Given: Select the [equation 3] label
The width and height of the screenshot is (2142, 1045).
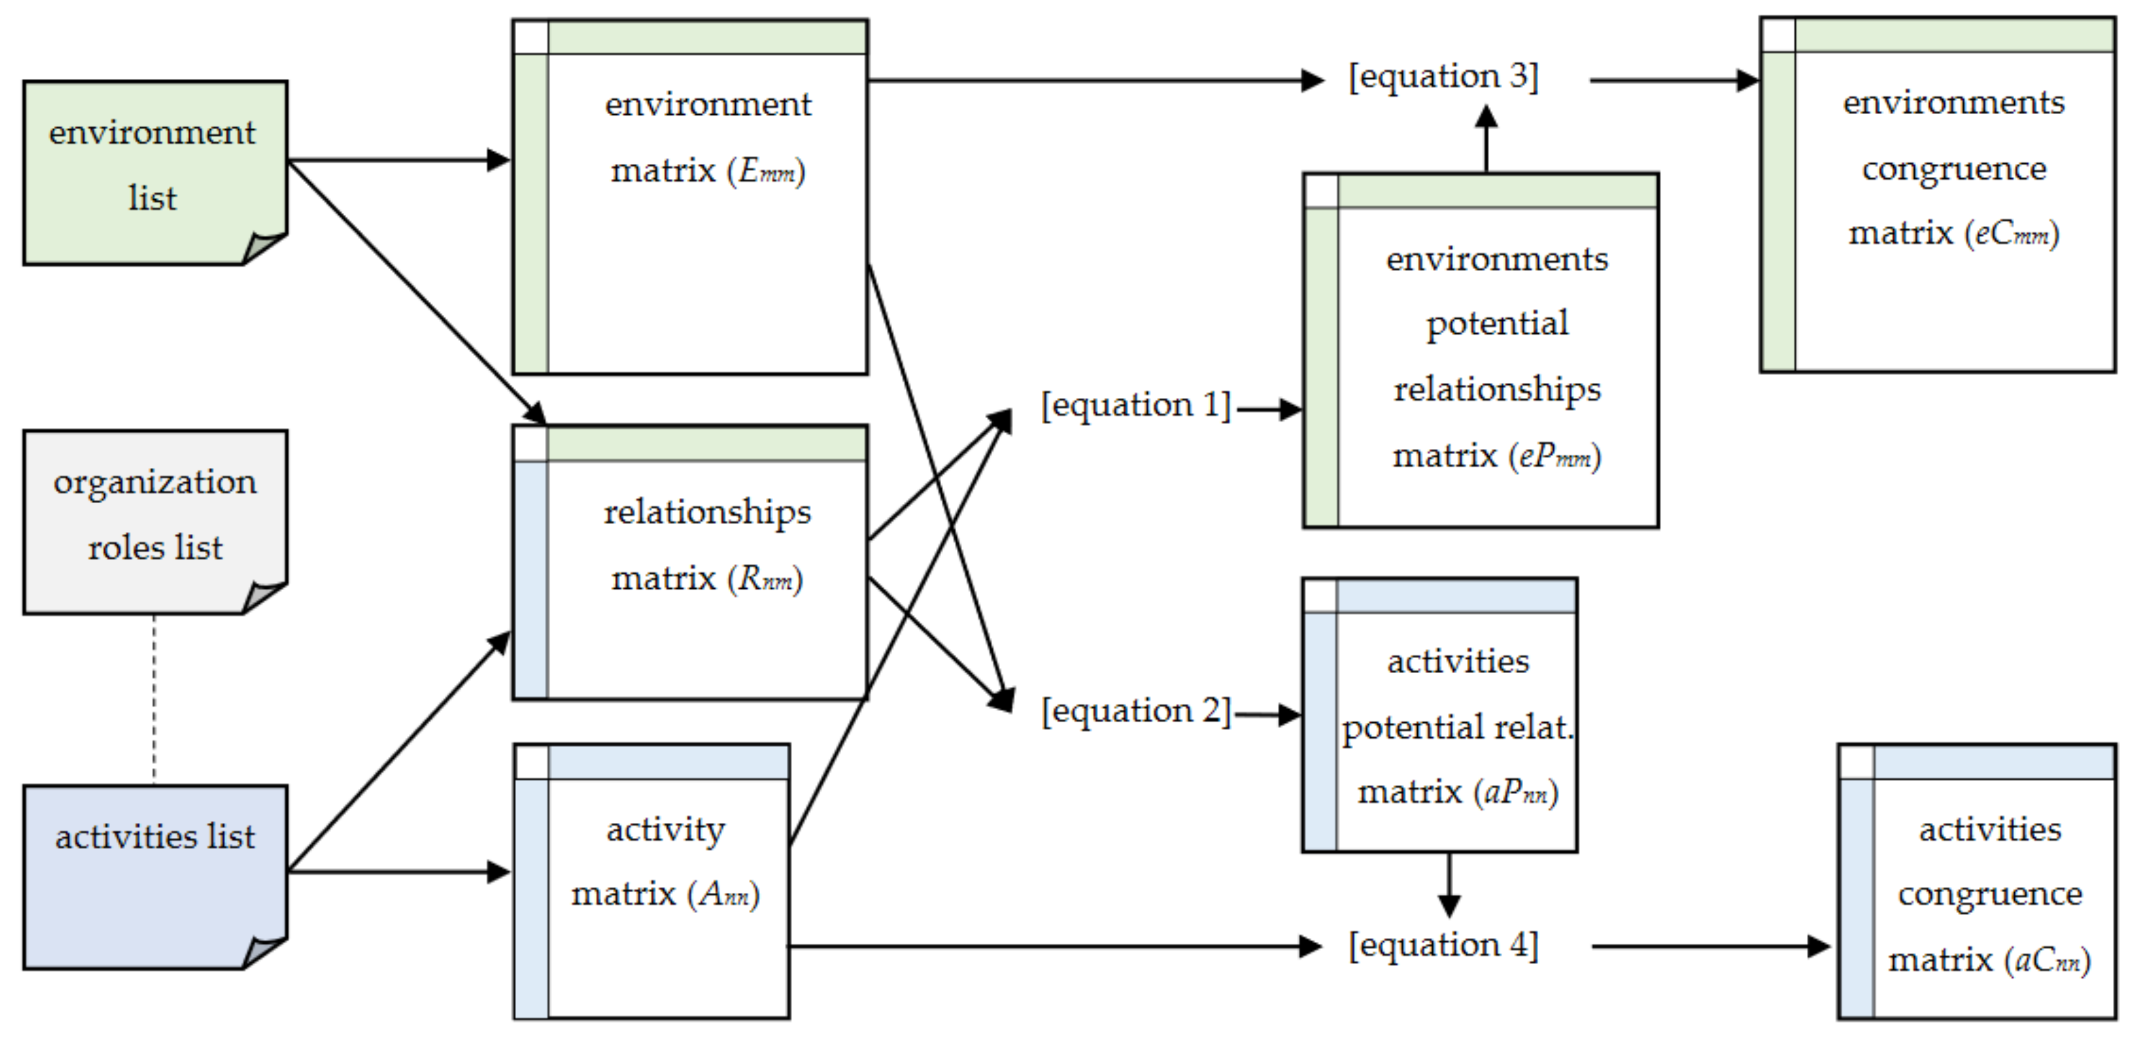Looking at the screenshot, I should [1443, 77].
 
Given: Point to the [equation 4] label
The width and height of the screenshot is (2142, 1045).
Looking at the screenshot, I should [1443, 946].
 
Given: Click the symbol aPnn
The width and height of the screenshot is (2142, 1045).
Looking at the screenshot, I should [1516, 792].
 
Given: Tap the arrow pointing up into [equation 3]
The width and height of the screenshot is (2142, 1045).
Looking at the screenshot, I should [1486, 137].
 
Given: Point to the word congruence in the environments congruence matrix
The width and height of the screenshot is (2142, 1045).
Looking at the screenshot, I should [1953, 169].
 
